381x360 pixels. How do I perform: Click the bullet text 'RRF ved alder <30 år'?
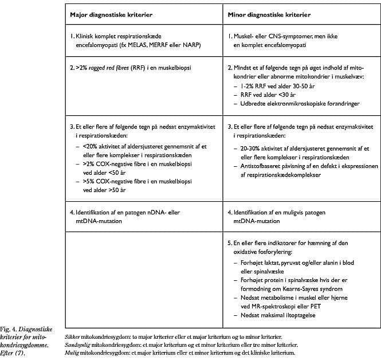pos(268,94)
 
